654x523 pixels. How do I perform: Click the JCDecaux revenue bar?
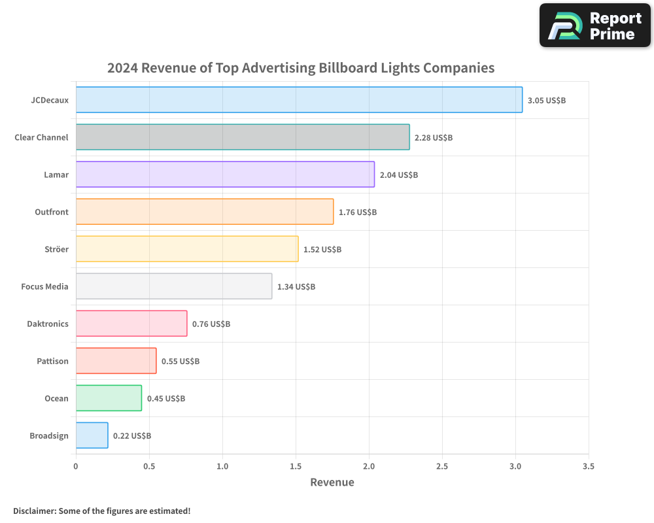[299, 100]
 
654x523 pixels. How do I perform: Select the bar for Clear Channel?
[243, 137]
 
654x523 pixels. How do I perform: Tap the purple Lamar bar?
[225, 175]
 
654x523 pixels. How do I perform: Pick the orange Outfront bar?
[205, 212]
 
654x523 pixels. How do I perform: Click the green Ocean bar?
[109, 398]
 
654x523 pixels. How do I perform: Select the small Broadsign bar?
[92, 435]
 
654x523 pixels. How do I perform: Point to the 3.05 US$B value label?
[547, 101]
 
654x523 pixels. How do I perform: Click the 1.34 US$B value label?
[296, 287]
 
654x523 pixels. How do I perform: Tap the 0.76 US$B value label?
[211, 324]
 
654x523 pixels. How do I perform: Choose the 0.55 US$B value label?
[181, 362]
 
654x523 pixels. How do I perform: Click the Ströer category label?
[56, 249]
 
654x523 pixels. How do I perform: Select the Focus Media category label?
[44, 286]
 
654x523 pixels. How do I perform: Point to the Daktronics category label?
[48, 324]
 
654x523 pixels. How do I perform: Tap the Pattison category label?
[52, 361]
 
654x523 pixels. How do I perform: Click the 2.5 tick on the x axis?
[442, 467]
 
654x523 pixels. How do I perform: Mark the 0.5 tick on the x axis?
[149, 467]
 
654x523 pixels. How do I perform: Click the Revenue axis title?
[332, 482]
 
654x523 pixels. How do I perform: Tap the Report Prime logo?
[595, 25]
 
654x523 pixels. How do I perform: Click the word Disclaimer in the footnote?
[33, 511]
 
